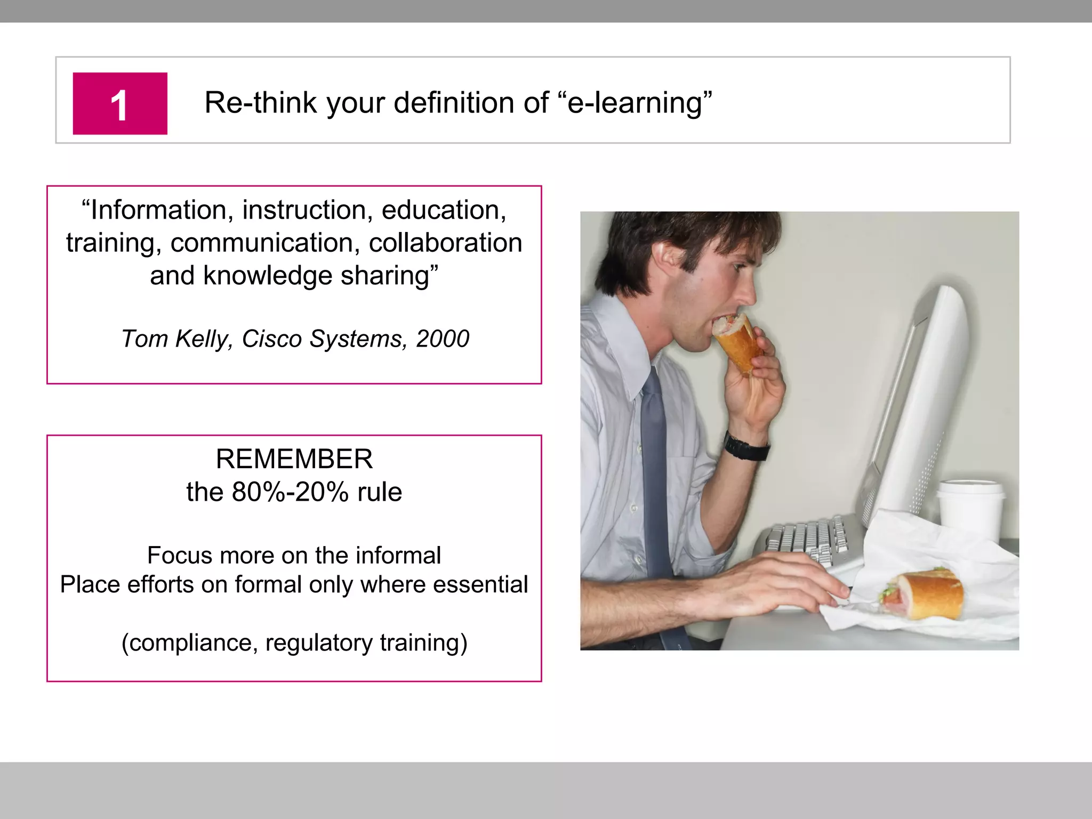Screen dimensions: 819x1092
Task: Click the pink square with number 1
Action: [x=120, y=103]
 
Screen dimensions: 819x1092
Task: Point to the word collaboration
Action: [x=445, y=243]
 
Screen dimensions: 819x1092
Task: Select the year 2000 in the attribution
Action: [x=443, y=339]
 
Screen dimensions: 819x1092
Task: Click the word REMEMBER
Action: [x=294, y=459]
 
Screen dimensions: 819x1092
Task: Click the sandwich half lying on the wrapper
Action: [x=922, y=595]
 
